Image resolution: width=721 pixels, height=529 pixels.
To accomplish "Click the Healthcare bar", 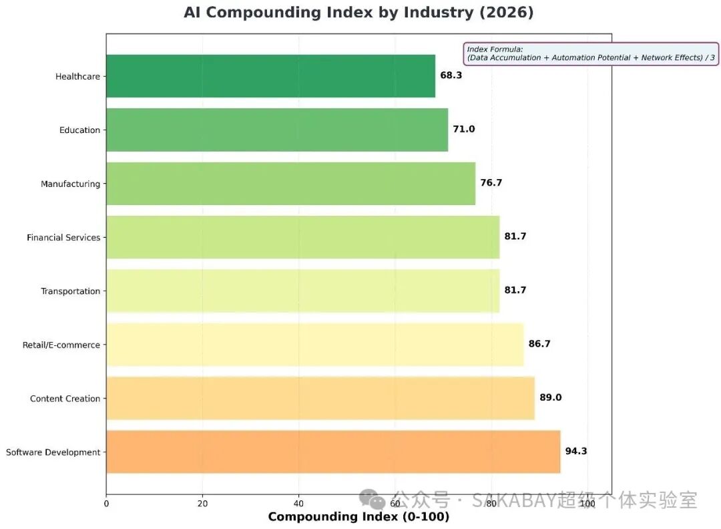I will point(270,76).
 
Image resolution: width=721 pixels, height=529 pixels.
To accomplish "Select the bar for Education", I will point(277,130).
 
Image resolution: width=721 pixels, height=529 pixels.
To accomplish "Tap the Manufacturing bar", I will point(290,184).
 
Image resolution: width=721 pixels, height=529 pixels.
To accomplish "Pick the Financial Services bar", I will point(302,237).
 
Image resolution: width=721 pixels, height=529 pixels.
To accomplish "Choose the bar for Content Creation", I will point(320,398).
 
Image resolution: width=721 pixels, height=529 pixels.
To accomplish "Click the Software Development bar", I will point(333,452).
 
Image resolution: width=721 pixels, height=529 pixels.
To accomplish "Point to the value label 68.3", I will point(451,75).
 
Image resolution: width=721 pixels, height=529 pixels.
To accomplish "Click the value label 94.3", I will point(576,451).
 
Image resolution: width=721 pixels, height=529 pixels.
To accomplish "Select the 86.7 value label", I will point(539,344).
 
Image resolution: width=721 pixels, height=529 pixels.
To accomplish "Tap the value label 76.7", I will point(491,183).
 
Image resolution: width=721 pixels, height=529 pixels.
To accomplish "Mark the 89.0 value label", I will point(551,397).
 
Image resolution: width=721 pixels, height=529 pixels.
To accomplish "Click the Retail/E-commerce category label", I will point(61,345).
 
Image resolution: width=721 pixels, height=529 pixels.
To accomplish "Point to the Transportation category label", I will point(70,291).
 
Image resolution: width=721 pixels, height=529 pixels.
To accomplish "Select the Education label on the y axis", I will point(79,130).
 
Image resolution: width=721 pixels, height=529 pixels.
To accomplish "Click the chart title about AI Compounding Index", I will point(358,13).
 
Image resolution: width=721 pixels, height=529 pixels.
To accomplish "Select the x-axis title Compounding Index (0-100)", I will point(358,517).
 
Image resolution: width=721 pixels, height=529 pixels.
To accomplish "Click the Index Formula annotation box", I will point(591,53).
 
